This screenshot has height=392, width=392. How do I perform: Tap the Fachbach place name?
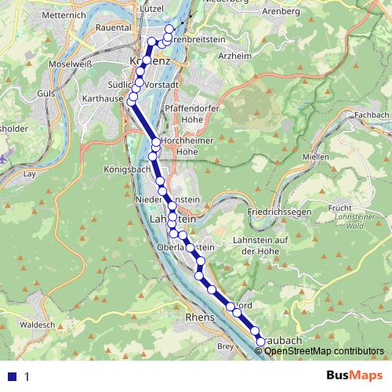coord(371,115)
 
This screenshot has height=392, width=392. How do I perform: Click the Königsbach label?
coord(125,169)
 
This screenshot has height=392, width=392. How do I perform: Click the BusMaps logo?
coord(354,376)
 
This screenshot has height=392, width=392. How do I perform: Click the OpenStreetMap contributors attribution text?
coord(325,352)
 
